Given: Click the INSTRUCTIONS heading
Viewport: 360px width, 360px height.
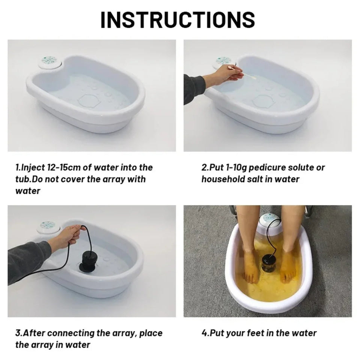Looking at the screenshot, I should click(x=178, y=19).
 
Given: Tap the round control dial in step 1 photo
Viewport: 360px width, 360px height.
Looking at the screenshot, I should click(x=48, y=61).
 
